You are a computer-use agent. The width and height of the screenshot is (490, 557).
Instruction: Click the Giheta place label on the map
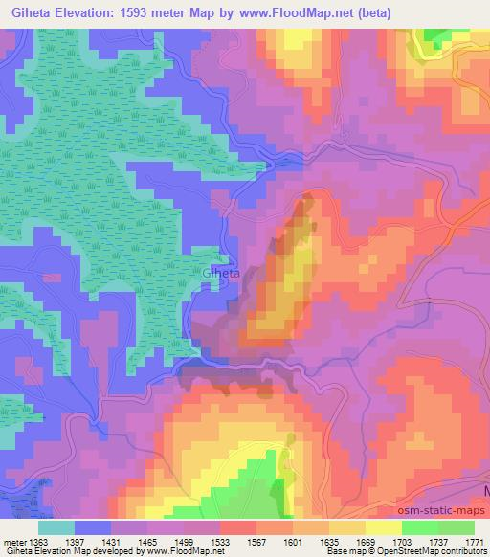[x=222, y=274]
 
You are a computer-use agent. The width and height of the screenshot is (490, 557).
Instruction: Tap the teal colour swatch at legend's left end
[x=56, y=527]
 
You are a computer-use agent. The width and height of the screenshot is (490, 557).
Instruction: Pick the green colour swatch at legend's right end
[x=456, y=527]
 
